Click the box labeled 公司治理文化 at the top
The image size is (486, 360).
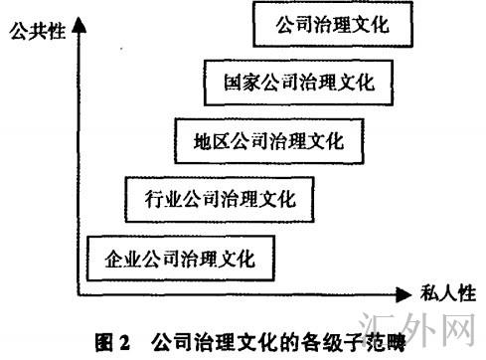click(x=331, y=25)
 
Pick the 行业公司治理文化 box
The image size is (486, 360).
click(x=213, y=199)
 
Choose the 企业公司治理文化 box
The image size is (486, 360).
click(x=180, y=260)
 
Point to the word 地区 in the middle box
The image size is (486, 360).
click(x=206, y=140)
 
